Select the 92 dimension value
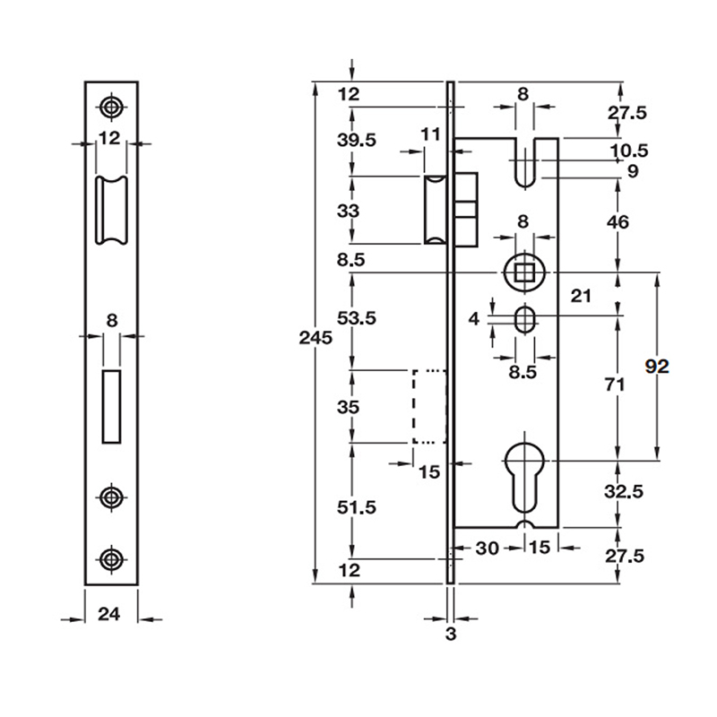tap(658, 366)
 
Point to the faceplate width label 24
tap(109, 614)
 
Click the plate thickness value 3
tap(451, 634)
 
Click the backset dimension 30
tap(486, 547)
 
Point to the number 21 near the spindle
tap(580, 297)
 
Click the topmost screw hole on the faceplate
tap(111, 108)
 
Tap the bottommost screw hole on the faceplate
tap(111, 557)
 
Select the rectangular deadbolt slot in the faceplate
tap(112, 405)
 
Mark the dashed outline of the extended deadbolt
tap(428, 406)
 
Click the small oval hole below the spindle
tap(525, 317)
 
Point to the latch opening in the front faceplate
tap(112, 211)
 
